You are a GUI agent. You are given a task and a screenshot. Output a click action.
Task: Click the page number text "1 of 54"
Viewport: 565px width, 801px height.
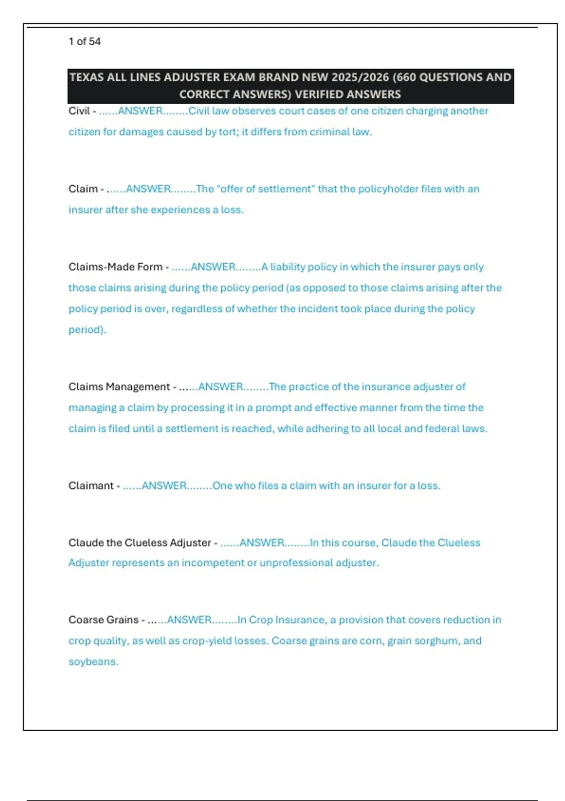pyautogui.click(x=84, y=41)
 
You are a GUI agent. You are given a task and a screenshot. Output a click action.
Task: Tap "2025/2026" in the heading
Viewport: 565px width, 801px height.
pyautogui.click(x=360, y=77)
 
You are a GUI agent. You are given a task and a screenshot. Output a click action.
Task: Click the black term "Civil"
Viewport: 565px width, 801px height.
pyautogui.click(x=79, y=111)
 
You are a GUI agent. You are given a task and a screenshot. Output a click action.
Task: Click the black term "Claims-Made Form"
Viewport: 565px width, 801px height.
pyautogui.click(x=115, y=267)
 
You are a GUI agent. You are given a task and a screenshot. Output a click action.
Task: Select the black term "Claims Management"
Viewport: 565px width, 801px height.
pyautogui.click(x=119, y=387)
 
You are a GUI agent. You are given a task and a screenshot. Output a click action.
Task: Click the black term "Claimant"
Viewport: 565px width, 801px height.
pyautogui.click(x=91, y=486)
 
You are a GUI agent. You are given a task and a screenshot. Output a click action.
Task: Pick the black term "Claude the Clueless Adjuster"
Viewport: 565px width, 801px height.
pyautogui.click(x=140, y=543)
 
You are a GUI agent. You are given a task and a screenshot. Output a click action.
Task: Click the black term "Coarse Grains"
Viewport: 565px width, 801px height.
pyautogui.click(x=104, y=620)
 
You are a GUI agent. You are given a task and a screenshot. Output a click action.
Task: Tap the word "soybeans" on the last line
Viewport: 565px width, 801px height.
pyautogui.click(x=92, y=662)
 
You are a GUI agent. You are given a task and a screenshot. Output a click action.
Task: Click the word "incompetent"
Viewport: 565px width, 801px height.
pyautogui.click(x=213, y=563)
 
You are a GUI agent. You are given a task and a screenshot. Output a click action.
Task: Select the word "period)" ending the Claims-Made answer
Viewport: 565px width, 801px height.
pyautogui.click(x=87, y=330)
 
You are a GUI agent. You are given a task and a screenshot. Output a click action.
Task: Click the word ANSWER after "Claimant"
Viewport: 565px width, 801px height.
pyautogui.click(x=164, y=486)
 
